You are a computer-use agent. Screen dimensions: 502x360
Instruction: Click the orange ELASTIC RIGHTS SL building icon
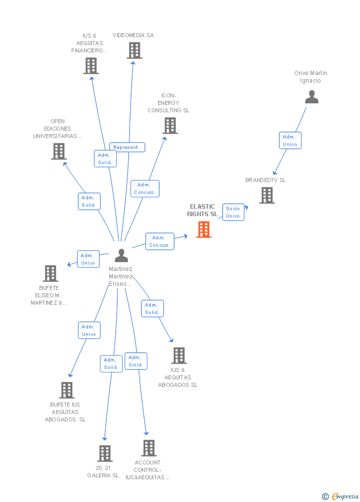[x=204, y=229]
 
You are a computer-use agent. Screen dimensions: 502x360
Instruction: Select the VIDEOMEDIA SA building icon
[x=134, y=50]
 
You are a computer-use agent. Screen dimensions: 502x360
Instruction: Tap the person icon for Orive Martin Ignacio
[x=312, y=97]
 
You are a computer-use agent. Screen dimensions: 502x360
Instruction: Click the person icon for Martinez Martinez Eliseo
[x=121, y=255]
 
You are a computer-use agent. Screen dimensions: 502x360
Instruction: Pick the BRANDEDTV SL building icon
[x=267, y=195]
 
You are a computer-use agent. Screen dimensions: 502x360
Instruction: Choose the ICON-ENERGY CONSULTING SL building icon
[x=170, y=126]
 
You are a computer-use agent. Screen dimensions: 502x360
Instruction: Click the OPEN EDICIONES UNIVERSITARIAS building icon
[x=58, y=151]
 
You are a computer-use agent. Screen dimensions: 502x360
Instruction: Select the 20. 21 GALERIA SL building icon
[x=104, y=453]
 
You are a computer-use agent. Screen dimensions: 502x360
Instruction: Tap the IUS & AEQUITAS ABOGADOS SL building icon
[x=179, y=355]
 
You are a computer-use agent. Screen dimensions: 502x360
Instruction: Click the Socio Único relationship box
[x=233, y=212]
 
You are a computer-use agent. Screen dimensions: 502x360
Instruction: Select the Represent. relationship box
[x=127, y=147]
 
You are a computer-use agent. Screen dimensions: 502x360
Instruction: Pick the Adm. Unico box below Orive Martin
[x=290, y=140]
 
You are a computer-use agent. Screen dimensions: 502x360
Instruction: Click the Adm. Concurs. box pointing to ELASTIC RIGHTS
[x=160, y=241]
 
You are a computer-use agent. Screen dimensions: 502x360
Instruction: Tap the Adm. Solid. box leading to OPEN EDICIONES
[x=89, y=201]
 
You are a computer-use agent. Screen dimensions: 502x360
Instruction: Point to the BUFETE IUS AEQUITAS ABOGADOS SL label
[x=65, y=412]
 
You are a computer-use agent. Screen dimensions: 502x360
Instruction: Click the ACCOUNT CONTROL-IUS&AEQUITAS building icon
[x=148, y=448]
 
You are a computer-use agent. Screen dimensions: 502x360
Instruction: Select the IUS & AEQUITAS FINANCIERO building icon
[x=91, y=66]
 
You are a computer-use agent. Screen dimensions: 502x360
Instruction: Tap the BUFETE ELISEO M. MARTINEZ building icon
[x=50, y=273]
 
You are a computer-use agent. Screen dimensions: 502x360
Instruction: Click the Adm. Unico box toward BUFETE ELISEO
[x=88, y=259]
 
